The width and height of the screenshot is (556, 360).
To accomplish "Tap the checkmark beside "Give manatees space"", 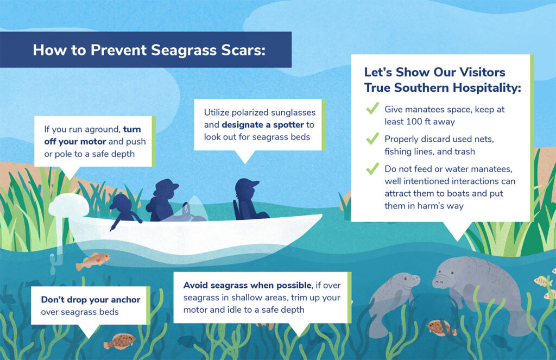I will click(x=372, y=109).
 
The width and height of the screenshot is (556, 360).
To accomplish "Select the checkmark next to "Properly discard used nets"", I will click(x=372, y=138).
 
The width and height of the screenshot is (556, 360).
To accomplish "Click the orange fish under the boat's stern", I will click(x=92, y=260).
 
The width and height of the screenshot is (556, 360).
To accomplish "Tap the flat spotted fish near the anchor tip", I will click(x=120, y=341).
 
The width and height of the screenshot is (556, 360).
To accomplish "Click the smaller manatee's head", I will click(x=407, y=281).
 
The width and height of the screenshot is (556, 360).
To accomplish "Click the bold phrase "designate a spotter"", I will click(x=262, y=125).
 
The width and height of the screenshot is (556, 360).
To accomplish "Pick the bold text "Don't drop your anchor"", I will click(x=91, y=300).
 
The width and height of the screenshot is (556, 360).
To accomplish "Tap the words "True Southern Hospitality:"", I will click(x=442, y=87).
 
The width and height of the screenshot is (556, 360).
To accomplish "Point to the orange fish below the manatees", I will click(x=441, y=327).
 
